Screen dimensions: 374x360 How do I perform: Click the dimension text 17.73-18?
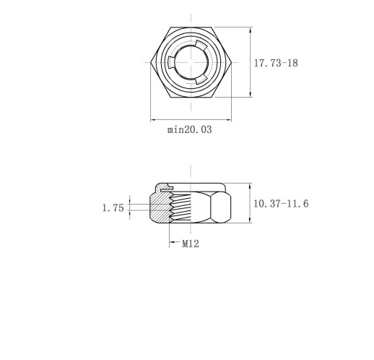point(276,63)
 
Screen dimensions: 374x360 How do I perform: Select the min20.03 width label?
point(190,129)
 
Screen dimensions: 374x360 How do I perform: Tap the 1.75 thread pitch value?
point(113,208)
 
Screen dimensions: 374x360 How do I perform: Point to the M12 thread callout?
point(191,244)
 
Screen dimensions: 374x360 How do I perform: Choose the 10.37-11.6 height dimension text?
point(281,204)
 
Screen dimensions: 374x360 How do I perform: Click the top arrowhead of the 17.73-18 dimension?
point(251,30)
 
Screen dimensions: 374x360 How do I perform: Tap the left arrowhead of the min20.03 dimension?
point(154,119)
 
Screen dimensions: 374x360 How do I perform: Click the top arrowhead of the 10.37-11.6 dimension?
point(251,187)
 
